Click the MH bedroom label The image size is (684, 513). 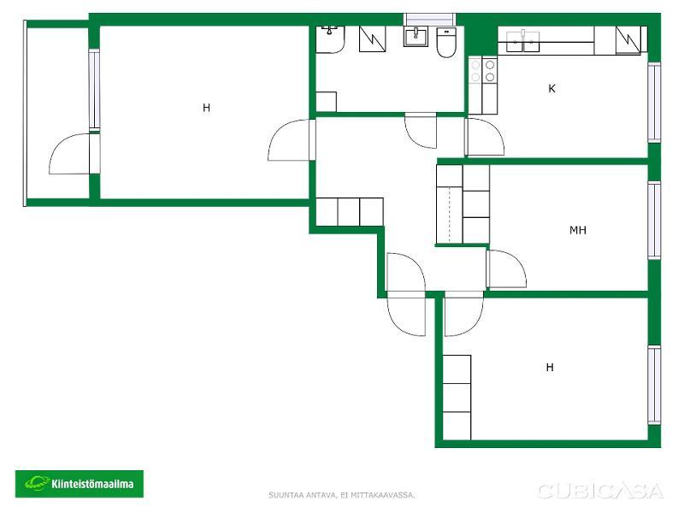click(x=578, y=230)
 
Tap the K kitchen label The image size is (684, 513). click(x=551, y=89)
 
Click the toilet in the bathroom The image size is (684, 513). click(x=446, y=43)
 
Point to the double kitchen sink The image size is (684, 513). click(x=522, y=41)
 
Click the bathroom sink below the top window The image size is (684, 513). click(x=416, y=36)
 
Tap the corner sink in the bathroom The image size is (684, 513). click(x=330, y=39)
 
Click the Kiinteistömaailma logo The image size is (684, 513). click(x=80, y=484)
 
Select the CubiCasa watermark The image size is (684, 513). click(x=601, y=491)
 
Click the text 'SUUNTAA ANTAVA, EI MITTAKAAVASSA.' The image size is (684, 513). click(x=341, y=495)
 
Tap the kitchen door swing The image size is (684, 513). click(x=486, y=137)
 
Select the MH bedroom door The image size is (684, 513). click(x=507, y=268)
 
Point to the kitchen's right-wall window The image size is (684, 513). click(x=654, y=103)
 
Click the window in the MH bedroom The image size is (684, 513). click(x=654, y=221)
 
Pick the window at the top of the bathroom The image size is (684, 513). click(x=430, y=20)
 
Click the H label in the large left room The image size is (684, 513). click(x=206, y=108)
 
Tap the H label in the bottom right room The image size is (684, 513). click(x=550, y=368)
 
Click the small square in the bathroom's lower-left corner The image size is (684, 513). click(x=326, y=102)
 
